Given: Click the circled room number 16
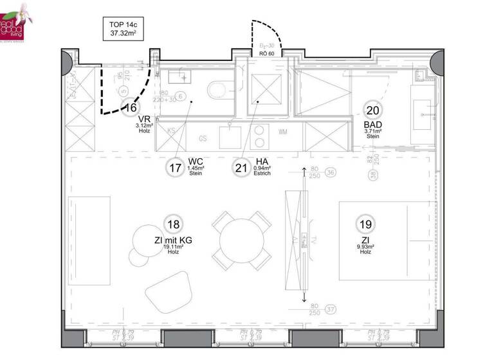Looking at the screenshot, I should (131, 108).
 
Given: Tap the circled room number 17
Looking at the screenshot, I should (174, 168).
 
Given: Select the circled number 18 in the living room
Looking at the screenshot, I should (172, 224).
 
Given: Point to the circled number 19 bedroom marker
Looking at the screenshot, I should (365, 224).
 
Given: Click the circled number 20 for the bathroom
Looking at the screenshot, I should (372, 109).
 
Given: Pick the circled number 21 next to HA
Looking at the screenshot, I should (241, 168).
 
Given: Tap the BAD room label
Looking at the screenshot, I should (372, 125).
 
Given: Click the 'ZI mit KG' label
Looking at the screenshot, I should (172, 240).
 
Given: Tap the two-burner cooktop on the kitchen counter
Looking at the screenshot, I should (259, 136).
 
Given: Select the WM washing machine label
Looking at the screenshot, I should (283, 132).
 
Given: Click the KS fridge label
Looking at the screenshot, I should (171, 131).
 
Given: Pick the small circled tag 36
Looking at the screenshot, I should (331, 172).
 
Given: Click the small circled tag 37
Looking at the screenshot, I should (331, 310).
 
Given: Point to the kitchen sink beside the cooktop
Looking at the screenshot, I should (230, 136).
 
